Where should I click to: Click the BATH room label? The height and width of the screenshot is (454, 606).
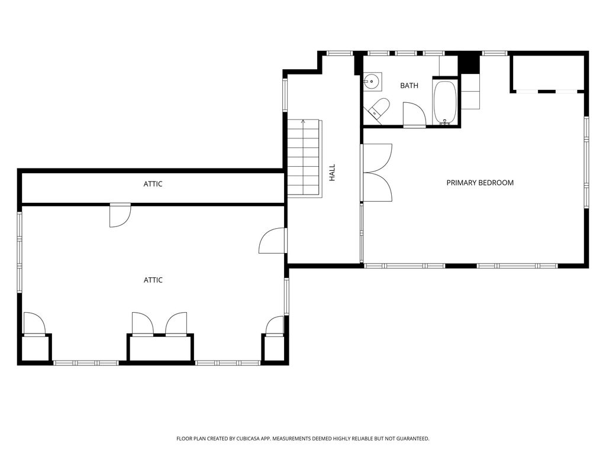coord(409,86)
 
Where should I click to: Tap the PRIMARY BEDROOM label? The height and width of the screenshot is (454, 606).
coord(480,183)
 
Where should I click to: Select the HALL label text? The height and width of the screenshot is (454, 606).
coord(332,173)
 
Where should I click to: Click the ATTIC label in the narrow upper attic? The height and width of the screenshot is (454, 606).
coord(153,184)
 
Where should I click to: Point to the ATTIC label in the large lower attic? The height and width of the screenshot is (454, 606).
coord(153,280)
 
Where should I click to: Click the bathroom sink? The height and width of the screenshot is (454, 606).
coord(373,82)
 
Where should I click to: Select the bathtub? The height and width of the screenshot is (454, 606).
coord(445,102)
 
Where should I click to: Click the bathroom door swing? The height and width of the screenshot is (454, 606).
coord(414,114)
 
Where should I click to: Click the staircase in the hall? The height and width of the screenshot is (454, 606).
coord(304,158)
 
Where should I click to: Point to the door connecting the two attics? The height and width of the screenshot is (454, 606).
coord(120,215)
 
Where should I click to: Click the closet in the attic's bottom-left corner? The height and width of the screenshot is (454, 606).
coord(36,349)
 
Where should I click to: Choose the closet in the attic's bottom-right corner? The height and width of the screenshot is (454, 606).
coord(274,349)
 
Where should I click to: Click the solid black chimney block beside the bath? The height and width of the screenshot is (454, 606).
coord(469,64)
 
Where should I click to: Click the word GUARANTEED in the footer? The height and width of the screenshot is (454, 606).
coord(414,439)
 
